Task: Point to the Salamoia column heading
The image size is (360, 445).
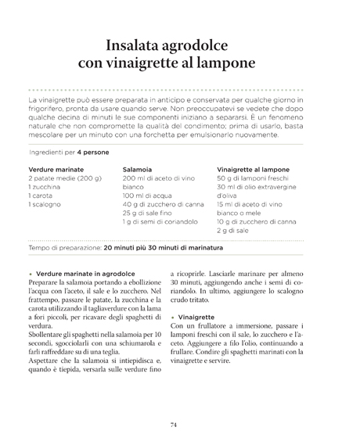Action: tap(139, 169)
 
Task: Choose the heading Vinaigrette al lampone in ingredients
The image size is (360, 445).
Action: tap(253, 169)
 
